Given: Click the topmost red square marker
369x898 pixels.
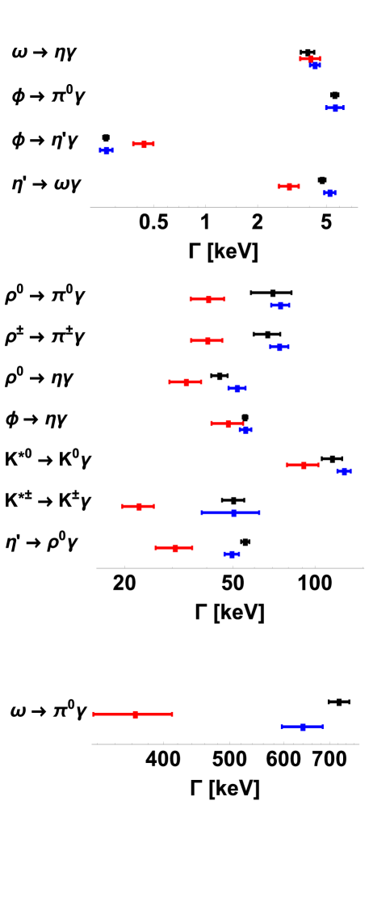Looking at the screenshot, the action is [310, 58].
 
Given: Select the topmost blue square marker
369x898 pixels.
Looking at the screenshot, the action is [314, 65].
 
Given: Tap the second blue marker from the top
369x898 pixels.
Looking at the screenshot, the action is [335, 108].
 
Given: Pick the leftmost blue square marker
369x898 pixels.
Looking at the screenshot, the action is [106, 150].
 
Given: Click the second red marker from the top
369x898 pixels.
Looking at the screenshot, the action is [144, 144].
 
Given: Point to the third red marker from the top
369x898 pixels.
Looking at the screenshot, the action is [289, 186].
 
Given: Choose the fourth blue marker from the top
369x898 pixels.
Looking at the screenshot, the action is [329, 192].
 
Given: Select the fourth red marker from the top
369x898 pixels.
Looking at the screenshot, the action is [208, 299].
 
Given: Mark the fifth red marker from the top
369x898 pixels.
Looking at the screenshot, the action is [208, 340].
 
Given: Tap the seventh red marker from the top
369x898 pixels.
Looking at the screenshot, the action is [228, 423].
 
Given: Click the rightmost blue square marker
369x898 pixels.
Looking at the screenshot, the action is [344, 470].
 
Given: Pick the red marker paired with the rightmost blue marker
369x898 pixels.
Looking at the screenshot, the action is [303, 465].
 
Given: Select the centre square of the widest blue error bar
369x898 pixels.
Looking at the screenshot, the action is [233, 512].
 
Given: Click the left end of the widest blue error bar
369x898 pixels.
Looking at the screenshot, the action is [202, 512].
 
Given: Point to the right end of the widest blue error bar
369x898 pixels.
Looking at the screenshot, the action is [259, 512].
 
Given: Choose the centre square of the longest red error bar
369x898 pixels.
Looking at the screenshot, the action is [135, 714].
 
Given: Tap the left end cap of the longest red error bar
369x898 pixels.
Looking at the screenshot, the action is [94, 714].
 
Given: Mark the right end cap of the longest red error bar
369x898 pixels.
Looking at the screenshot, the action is [172, 714].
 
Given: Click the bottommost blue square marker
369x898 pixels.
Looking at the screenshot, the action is [303, 727].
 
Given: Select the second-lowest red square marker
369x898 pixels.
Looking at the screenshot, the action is [174, 547].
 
